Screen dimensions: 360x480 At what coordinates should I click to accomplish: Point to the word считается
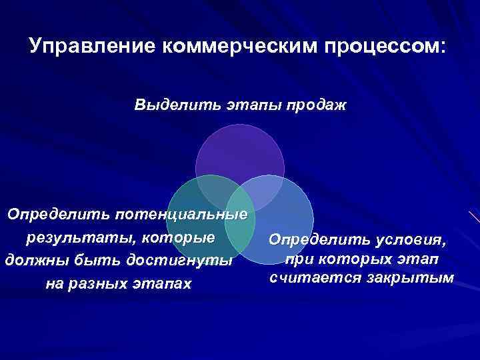(x=307, y=276)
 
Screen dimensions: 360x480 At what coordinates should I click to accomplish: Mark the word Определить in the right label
(x=313, y=239)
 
